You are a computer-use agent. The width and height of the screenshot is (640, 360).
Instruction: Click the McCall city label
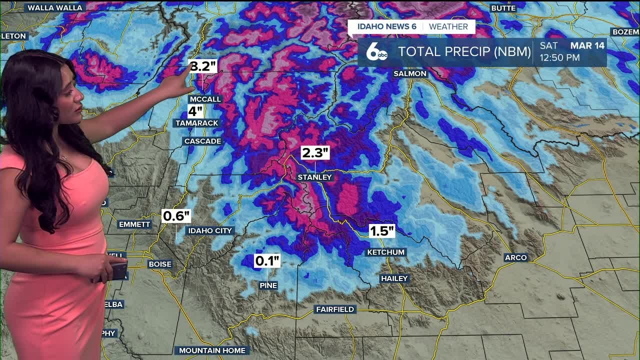point(205,99)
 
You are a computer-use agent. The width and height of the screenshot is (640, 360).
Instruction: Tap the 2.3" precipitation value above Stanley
point(315,152)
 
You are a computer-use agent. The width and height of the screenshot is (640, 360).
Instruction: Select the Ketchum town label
point(385,252)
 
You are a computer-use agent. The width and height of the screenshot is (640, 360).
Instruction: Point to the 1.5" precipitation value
point(382,230)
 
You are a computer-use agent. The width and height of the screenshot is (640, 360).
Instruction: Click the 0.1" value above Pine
point(267,260)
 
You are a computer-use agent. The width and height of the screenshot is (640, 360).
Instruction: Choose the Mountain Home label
point(212,350)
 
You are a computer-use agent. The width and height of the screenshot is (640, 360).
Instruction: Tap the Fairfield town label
point(335,309)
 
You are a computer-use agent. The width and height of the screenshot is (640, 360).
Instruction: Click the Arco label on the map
point(515,257)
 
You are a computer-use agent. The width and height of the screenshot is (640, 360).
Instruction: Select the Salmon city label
point(410,73)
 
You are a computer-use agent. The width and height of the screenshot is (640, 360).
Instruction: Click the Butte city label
point(503,8)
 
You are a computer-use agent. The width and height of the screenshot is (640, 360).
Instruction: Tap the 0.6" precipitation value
point(176,216)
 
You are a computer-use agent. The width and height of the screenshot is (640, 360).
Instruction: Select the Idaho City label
point(209,230)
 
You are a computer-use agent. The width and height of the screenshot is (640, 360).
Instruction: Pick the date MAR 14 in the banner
point(587,45)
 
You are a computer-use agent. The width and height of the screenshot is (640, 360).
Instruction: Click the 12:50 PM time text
point(559,57)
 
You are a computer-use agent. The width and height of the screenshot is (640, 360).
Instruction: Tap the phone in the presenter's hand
point(119,270)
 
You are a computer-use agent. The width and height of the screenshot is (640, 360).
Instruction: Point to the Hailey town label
point(394,278)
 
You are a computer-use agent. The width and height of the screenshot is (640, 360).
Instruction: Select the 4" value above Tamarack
point(195,111)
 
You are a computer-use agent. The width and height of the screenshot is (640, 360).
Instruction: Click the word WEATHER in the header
point(448,26)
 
